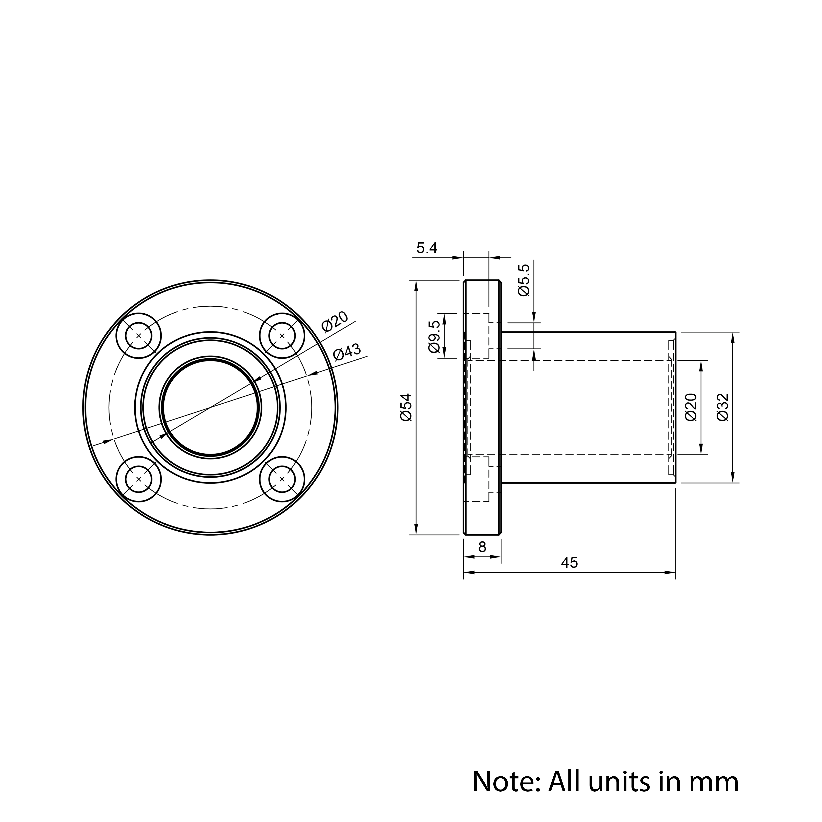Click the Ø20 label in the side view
pos(691,407)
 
